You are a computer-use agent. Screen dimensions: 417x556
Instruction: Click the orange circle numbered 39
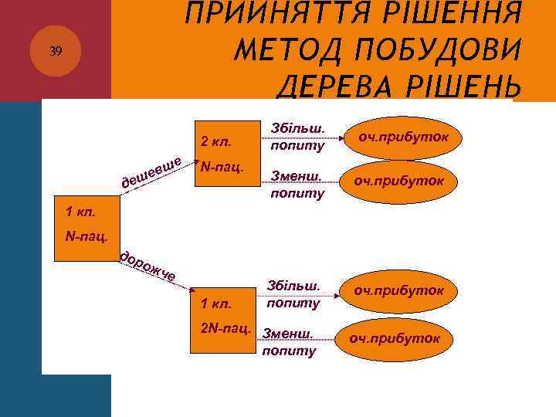click(55, 52)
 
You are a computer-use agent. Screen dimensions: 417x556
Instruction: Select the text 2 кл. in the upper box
click(215, 142)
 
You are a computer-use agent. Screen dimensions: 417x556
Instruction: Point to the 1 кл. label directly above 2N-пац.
click(215, 303)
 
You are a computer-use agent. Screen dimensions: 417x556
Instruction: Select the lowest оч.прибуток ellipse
click(394, 338)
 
